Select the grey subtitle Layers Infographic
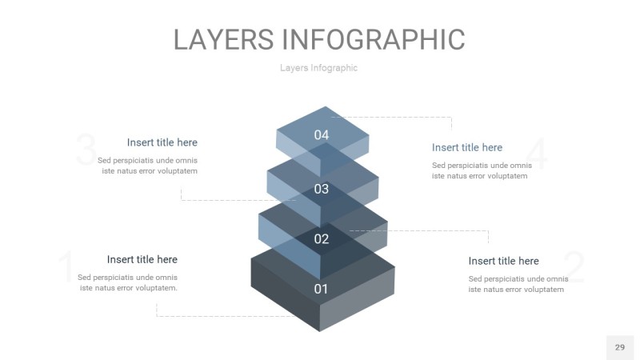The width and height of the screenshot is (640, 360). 318,68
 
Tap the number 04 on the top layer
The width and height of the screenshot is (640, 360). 322,135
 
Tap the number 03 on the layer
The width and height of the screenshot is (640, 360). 322,190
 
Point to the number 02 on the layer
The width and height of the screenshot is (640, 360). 322,239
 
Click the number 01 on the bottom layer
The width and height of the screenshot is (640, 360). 321,289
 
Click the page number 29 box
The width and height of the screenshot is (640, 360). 619,347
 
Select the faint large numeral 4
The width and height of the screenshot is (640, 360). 538,154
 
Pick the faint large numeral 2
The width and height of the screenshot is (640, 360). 574,268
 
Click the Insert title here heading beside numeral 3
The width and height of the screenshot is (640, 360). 162,142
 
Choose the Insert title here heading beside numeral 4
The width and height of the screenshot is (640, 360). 467,147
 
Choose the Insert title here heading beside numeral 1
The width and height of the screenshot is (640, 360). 142,259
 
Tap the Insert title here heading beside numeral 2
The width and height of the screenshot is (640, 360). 503,261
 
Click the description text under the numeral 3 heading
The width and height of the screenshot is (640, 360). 148,166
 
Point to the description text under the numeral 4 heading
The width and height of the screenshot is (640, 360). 482,170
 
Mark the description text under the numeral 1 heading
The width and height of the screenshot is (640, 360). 128,282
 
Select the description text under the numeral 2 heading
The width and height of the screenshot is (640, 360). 518,284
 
